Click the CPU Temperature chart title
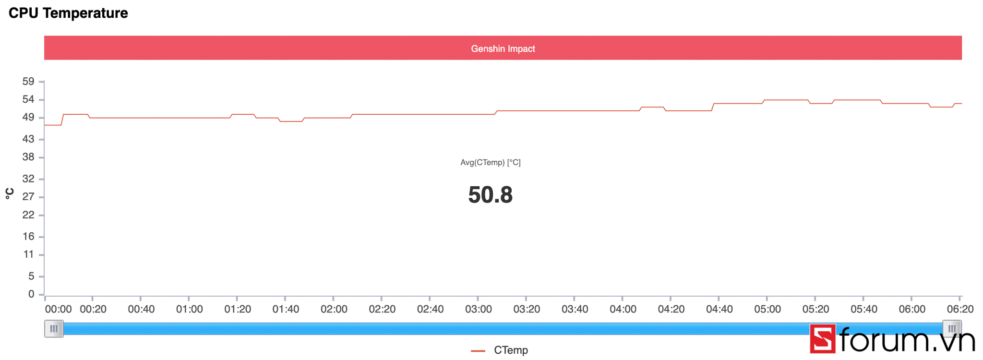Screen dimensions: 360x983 click(68, 13)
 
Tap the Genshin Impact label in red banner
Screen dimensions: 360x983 click(503, 48)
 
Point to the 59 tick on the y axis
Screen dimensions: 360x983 click(28, 82)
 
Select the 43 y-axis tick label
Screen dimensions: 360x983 click(28, 139)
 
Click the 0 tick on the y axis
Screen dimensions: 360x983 click(31, 294)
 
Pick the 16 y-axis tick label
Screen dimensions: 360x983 click(28, 236)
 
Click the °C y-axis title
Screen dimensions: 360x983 click(10, 193)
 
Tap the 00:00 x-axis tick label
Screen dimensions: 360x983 click(58, 309)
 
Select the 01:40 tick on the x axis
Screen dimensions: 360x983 click(286, 309)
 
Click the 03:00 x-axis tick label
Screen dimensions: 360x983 click(478, 309)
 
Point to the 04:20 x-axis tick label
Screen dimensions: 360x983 click(671, 309)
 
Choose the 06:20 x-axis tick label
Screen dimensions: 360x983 click(960, 309)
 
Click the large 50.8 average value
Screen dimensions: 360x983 click(490, 195)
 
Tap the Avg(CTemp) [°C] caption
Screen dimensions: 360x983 click(490, 163)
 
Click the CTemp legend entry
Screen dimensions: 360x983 click(510, 350)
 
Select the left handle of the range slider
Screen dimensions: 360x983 click(54, 329)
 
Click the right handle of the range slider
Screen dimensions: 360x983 click(952, 329)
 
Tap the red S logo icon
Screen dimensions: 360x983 click(823, 339)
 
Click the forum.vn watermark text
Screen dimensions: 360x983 click(907, 340)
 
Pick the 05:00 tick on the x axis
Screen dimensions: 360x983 click(767, 309)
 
